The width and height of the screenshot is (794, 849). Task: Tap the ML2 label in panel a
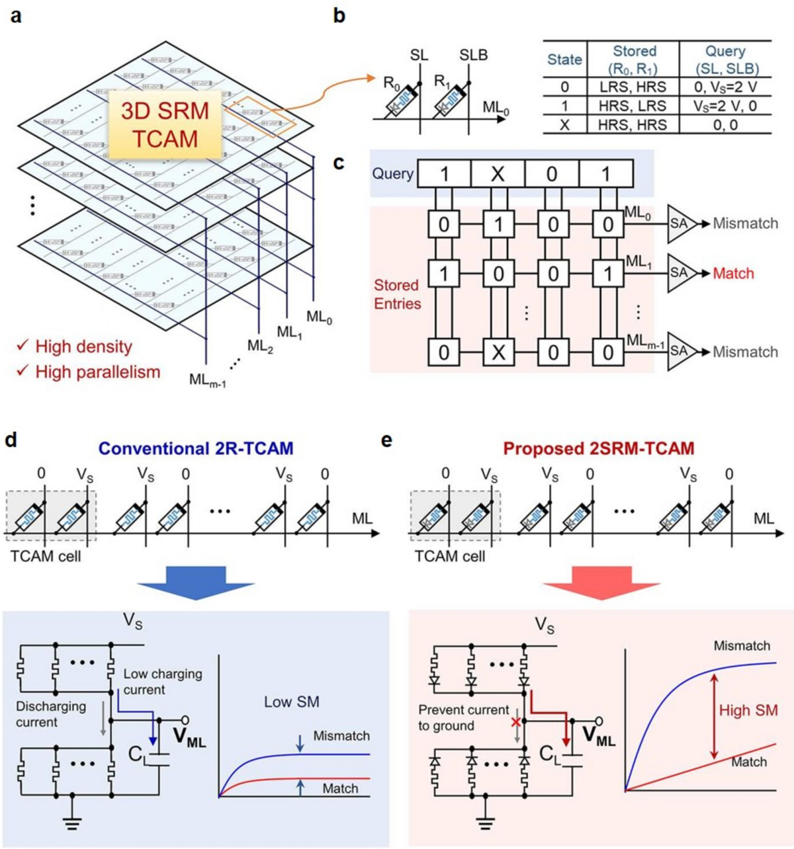(x=260, y=346)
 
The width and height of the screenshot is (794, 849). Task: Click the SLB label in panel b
(x=473, y=55)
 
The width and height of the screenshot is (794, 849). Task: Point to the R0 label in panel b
(x=392, y=82)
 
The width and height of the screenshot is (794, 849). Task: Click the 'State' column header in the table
(x=564, y=60)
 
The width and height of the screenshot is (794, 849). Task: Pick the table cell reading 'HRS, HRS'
(x=633, y=125)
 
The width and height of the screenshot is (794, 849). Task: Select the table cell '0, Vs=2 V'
(x=725, y=87)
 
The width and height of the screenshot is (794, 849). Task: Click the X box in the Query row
(x=498, y=174)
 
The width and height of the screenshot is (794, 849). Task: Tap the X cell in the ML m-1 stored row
(x=498, y=352)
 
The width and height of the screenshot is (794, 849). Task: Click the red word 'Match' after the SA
(x=733, y=273)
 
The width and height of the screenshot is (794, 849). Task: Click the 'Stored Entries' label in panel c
(x=397, y=294)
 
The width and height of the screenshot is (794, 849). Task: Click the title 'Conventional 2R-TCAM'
(x=195, y=448)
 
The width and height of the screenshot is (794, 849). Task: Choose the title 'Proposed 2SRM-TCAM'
(x=599, y=448)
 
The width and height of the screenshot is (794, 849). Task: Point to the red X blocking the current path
(x=516, y=721)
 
